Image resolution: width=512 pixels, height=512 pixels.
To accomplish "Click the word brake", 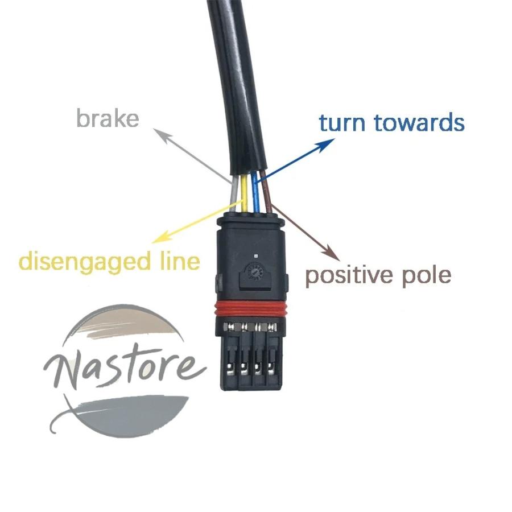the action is (x=108, y=118).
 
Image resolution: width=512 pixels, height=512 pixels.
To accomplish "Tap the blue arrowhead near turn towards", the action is (x=327, y=144).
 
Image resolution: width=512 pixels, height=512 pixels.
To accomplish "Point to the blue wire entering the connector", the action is (x=255, y=193).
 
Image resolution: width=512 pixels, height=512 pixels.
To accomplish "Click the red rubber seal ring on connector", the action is (x=251, y=309).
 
